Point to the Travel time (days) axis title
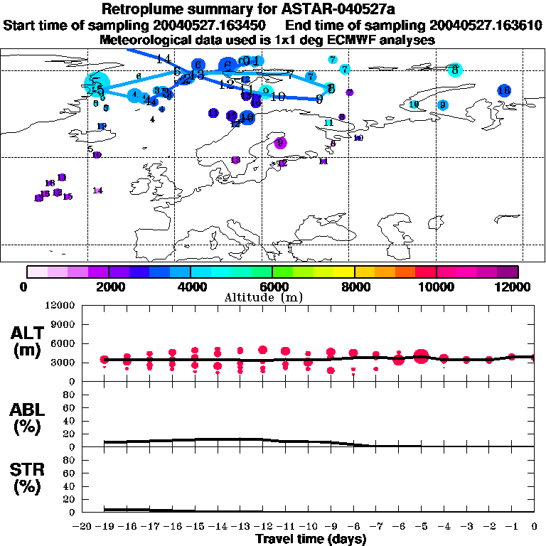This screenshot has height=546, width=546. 311,539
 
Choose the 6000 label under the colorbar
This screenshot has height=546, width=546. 273,287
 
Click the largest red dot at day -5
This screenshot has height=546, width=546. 421,356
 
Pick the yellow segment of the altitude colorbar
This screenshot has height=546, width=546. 345,272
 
